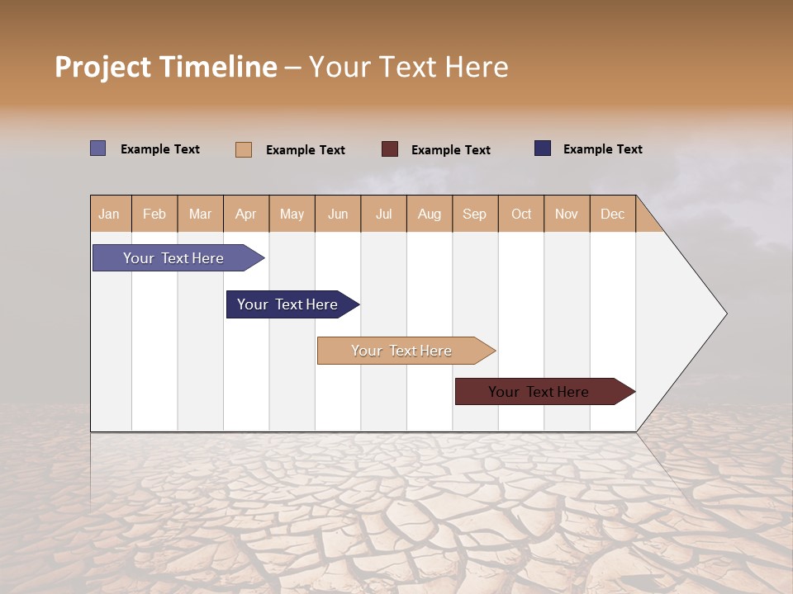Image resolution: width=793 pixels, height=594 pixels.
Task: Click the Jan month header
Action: pyautogui.click(x=109, y=214)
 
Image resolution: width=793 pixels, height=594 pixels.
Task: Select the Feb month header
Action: pyautogui.click(x=154, y=214)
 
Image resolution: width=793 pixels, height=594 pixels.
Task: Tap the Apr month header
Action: pyautogui.click(x=246, y=214)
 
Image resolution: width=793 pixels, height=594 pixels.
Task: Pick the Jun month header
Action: pyautogui.click(x=338, y=214)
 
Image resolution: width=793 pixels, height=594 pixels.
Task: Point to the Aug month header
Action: pyautogui.click(x=430, y=214)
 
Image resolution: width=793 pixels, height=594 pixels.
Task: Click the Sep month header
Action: pyautogui.click(x=475, y=214)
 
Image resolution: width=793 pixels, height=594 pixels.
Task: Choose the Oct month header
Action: pyautogui.click(x=521, y=214)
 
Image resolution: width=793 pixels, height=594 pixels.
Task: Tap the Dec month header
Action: pyautogui.click(x=613, y=214)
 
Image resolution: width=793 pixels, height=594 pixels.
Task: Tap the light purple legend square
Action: pyautogui.click(x=98, y=148)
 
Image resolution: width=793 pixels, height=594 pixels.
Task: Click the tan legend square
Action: pyautogui.click(x=244, y=149)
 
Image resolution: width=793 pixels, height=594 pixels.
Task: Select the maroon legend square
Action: pyautogui.click(x=390, y=149)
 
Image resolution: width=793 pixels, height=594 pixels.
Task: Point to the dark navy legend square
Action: pyautogui.click(x=543, y=148)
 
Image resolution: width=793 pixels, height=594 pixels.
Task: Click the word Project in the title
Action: pyautogui.click(x=103, y=67)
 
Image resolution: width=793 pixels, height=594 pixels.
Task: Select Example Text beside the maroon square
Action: pyautogui.click(x=451, y=150)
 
